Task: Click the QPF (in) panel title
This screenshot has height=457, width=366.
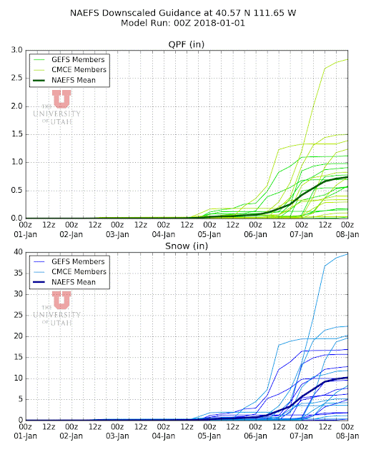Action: click(x=186, y=44)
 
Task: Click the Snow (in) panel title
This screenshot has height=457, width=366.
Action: click(x=187, y=246)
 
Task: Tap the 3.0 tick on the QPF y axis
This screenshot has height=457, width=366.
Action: click(x=16, y=50)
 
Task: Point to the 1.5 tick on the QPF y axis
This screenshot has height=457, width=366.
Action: click(x=16, y=134)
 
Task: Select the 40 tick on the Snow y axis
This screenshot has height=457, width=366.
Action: click(x=18, y=252)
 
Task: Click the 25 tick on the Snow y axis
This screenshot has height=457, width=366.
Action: click(x=18, y=315)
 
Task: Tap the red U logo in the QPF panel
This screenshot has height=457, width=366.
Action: click(x=61, y=99)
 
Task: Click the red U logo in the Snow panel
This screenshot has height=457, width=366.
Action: click(x=61, y=300)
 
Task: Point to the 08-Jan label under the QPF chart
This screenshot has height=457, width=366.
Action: click(x=347, y=234)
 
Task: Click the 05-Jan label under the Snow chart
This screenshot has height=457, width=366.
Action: click(x=209, y=436)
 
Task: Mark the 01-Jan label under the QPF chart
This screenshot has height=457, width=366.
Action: click(x=26, y=234)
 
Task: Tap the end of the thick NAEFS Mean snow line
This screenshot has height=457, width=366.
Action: click(x=347, y=378)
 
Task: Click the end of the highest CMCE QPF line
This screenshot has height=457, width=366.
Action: click(x=347, y=59)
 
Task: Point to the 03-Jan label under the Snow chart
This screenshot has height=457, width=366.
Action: click(x=117, y=436)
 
